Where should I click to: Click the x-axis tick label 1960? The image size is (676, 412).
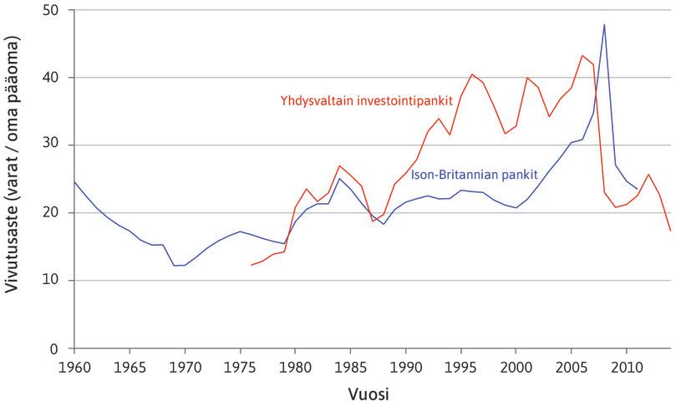click(x=74, y=366)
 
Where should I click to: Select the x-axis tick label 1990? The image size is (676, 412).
click(x=405, y=366)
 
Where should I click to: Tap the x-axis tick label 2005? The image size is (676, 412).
click(x=572, y=366)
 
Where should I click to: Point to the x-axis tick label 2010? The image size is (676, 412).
click(x=627, y=366)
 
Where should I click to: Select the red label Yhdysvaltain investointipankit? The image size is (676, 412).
click(x=366, y=100)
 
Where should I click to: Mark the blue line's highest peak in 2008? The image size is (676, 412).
click(x=604, y=25)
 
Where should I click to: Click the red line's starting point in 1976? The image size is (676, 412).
click(x=251, y=265)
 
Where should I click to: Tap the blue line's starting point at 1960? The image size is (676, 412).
click(x=74, y=181)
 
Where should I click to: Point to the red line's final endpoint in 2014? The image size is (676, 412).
click(x=671, y=231)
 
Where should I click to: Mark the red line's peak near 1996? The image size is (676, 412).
click(x=472, y=74)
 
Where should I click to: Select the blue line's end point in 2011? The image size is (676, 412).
click(x=638, y=190)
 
